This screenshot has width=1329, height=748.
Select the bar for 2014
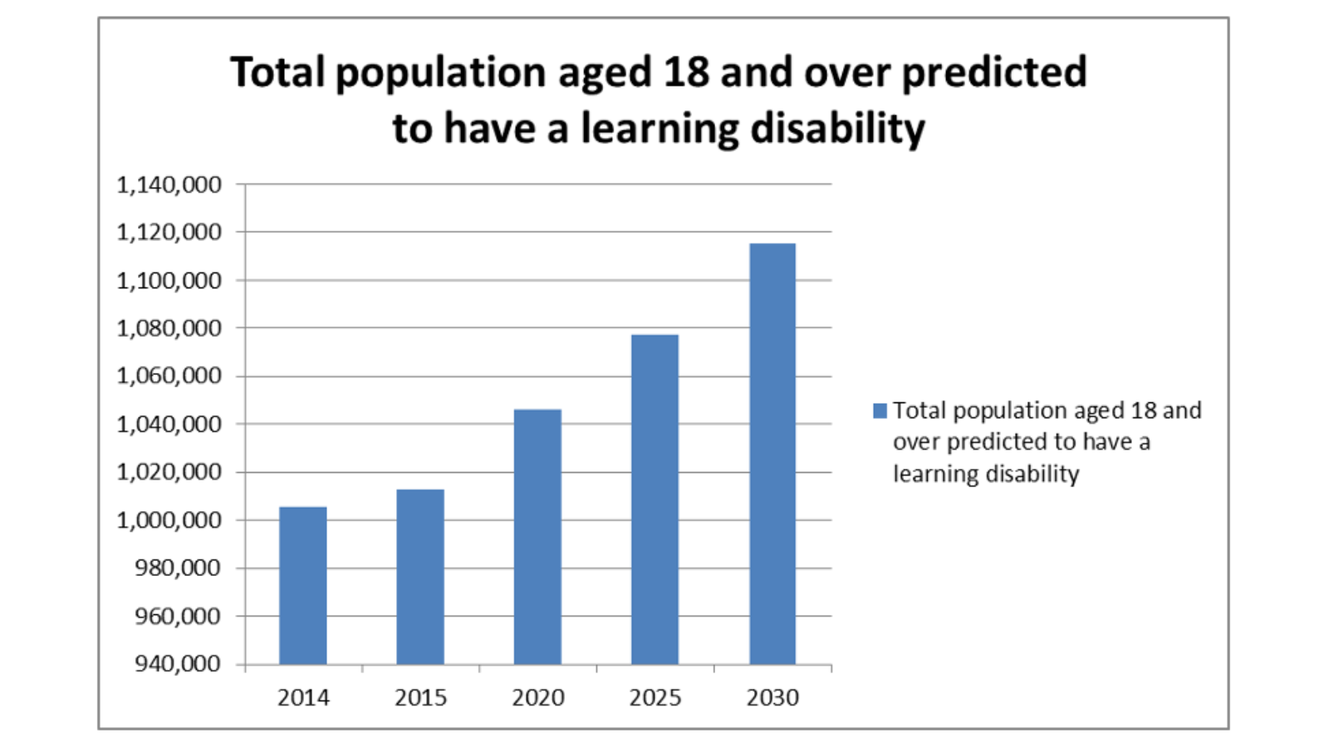click(302, 585)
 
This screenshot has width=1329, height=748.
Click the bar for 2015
click(420, 577)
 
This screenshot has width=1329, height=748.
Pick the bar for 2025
click(655, 499)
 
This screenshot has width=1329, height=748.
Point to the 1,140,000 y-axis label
click(169, 185)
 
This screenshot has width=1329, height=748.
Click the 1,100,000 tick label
click(169, 281)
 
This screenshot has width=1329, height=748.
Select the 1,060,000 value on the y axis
click(169, 376)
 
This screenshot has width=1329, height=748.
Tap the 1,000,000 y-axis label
click(169, 520)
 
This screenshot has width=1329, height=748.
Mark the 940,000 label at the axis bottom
click(178, 664)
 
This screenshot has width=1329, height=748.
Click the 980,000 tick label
click(178, 568)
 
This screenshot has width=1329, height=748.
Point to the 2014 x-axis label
click(303, 698)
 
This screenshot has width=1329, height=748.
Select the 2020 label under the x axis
click(538, 698)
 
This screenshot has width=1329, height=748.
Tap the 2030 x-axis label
click(772, 698)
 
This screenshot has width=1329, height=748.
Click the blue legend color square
click(880, 411)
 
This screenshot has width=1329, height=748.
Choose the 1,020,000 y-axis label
click(169, 472)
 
